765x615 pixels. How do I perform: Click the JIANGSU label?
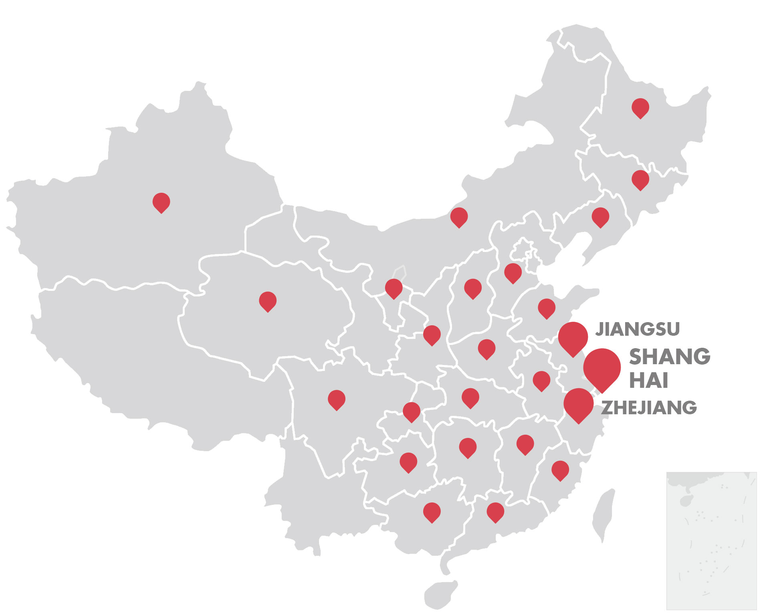coord(637,329)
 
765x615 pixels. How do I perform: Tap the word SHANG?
coord(669,356)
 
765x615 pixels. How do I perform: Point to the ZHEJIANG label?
coord(649,407)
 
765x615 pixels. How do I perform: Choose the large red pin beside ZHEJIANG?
coord(578,404)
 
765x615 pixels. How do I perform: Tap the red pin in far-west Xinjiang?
coord(161,202)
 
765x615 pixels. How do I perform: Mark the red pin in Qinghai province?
coord(268,301)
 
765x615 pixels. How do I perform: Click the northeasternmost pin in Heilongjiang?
coord(640,107)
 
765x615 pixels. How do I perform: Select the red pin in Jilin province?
coord(640,179)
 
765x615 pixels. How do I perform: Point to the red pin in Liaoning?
coord(600,217)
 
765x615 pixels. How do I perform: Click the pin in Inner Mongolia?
coord(459,217)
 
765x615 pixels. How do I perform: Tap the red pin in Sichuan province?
coord(337,399)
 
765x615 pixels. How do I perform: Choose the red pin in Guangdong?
coord(495,512)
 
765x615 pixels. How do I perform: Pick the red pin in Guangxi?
coord(432,512)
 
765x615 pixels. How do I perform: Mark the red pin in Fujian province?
coord(560,470)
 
